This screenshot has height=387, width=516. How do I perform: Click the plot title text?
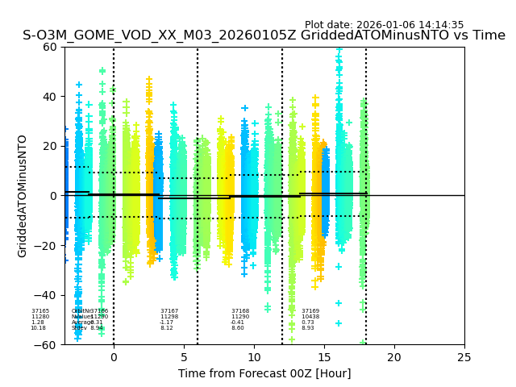click(264, 35)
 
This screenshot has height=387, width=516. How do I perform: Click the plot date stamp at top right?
click(384, 25)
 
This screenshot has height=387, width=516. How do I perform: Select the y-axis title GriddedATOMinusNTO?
click(23, 196)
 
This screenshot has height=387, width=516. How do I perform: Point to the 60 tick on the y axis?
click(50, 47)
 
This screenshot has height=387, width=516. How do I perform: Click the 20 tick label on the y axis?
click(50, 146)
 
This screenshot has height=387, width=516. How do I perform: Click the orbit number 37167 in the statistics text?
click(169, 311)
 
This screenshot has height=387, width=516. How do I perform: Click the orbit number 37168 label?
click(240, 311)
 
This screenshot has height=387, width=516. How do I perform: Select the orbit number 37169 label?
click(310, 311)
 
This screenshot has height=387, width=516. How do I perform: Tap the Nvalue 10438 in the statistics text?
click(310, 317)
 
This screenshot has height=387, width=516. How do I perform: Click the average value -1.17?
click(167, 322)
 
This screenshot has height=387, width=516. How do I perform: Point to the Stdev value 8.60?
click(238, 328)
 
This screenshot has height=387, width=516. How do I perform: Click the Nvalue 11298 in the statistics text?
click(169, 317)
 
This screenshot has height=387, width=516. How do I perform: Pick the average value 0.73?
click(308, 322)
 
